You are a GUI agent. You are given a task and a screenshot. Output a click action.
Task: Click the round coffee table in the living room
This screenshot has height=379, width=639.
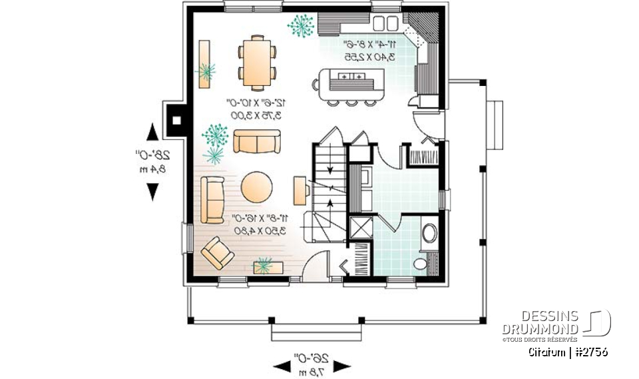pos(256,188)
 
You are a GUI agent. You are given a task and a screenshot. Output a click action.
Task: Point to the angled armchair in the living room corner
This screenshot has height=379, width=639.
pos(217,252)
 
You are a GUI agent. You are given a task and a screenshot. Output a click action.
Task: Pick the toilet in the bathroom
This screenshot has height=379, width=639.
pos(421,264)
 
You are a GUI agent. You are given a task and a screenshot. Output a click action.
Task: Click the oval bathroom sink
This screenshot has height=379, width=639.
pos(429,233)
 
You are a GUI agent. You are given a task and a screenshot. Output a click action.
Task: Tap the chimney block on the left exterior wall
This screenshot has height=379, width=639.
pos(177,121)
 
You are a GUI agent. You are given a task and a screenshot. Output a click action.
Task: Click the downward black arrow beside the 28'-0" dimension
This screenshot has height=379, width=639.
pos(152,192)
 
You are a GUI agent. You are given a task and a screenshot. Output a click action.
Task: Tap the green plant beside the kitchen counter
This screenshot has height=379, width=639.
pos(302,25)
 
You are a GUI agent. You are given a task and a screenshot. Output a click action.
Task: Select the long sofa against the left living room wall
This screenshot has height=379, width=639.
pos(213,198)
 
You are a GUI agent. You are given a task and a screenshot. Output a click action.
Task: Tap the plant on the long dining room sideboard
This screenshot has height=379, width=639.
pos(206,69)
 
